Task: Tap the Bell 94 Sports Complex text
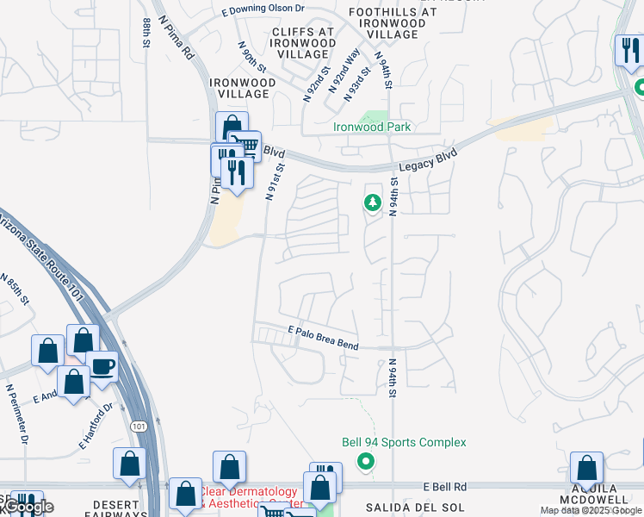404,443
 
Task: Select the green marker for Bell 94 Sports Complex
366,462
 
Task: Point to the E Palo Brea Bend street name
323,338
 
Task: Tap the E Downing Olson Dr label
263,10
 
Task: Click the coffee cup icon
102,366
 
